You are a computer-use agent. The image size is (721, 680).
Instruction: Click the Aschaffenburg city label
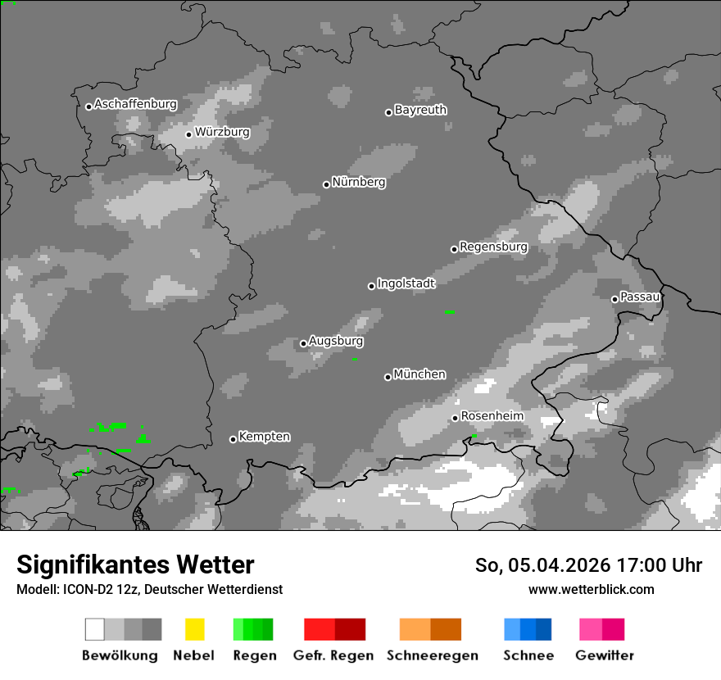135,105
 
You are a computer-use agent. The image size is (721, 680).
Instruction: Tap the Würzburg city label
222,132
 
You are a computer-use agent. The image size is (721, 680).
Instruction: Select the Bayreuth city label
420,110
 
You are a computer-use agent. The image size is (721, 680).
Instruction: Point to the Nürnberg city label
359,183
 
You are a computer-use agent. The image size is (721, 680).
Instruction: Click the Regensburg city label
493,247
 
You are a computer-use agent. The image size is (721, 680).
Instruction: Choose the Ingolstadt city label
406,283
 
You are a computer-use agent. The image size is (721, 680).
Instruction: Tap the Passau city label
640,297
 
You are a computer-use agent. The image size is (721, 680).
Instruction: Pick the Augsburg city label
336,341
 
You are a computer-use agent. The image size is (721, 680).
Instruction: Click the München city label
419,374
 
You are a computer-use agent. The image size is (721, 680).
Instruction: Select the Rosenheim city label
492,416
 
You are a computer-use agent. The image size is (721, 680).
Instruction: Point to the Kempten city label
264,437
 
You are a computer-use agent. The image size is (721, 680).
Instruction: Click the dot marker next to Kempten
233,439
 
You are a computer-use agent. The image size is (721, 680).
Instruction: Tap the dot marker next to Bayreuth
388,112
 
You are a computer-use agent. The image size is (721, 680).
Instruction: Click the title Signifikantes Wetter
135,564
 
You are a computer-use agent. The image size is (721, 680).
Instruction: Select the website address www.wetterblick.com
591,589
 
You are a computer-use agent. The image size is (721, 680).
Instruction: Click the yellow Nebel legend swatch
194,629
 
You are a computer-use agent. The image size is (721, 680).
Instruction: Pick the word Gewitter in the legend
605,655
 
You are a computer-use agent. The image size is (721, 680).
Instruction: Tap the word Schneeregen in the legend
432,655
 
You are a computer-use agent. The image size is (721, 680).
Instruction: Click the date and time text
588,565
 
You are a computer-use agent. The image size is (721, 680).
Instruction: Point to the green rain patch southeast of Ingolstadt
450,312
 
